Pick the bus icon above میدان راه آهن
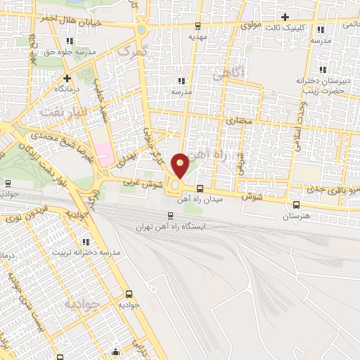[201, 188]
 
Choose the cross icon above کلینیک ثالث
[285, 17]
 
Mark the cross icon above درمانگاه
[67, 78]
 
